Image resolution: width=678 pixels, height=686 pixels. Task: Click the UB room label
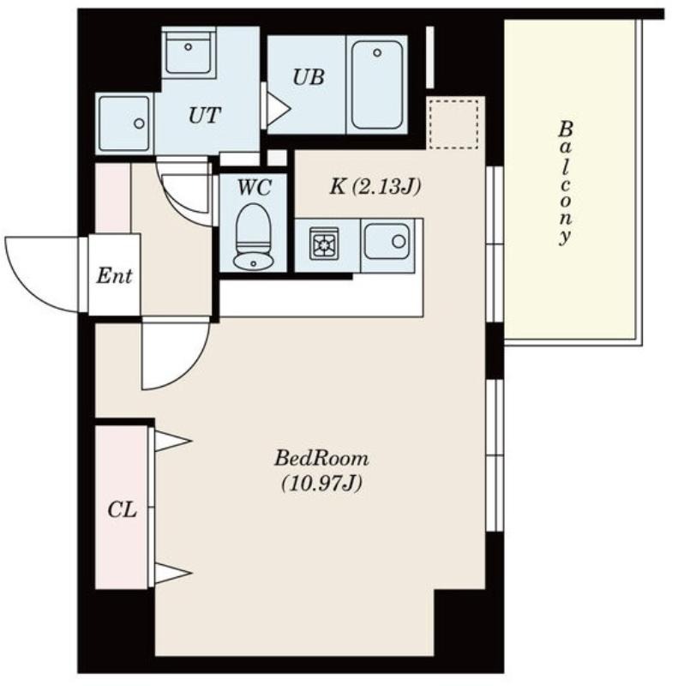(309, 77)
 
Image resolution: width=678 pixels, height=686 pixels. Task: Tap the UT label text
(204, 116)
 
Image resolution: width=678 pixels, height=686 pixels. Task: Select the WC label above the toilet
(254, 188)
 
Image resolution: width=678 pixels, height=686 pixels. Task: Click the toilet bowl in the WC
(254, 228)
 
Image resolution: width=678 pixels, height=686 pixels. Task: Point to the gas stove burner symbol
(324, 244)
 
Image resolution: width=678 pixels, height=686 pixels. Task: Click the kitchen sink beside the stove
(388, 241)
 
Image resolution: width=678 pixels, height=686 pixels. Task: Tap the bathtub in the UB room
(376, 85)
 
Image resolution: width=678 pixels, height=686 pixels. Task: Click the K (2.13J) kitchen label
(375, 187)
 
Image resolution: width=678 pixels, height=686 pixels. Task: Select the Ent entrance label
(114, 276)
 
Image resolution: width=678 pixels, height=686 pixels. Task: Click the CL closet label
(122, 510)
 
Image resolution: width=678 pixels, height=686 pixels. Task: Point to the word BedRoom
(321, 459)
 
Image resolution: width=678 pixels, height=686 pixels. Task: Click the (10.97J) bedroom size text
(321, 484)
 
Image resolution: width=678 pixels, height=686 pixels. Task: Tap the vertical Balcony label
(566, 183)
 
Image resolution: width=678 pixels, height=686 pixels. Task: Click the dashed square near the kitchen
(453, 123)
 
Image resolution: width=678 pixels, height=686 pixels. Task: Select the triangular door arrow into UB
(278, 108)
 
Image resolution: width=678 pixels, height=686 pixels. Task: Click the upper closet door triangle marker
(173, 441)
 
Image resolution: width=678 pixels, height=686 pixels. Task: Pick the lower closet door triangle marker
(173, 573)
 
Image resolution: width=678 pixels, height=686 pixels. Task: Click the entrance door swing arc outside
(27, 290)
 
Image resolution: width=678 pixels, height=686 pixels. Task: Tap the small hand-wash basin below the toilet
(253, 262)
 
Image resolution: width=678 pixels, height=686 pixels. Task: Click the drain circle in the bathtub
(377, 53)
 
